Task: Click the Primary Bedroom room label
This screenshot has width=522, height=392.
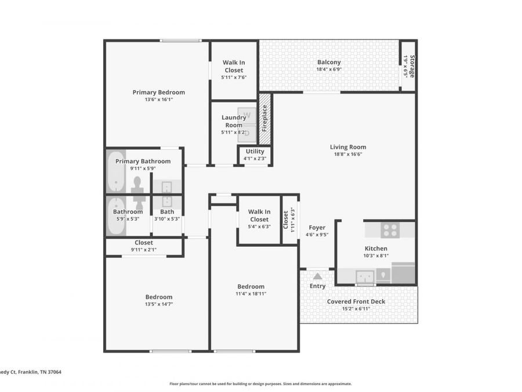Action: click(x=158, y=92)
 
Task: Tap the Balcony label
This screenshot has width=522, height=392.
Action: click(x=329, y=62)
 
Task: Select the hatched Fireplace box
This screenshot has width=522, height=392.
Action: click(x=264, y=119)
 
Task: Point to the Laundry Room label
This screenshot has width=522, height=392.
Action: click(x=233, y=121)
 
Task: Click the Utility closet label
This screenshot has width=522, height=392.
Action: click(x=255, y=151)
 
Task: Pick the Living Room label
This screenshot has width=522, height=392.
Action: click(x=348, y=147)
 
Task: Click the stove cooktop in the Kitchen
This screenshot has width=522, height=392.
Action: click(x=389, y=230)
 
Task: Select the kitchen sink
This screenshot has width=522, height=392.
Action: click(x=364, y=276)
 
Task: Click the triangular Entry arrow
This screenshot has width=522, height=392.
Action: click(x=317, y=276)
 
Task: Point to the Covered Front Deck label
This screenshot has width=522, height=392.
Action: click(x=356, y=301)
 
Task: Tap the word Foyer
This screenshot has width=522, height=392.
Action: click(x=317, y=228)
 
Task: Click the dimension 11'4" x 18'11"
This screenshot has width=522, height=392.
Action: click(x=251, y=294)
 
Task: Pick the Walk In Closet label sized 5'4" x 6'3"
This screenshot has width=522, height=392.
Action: click(x=259, y=215)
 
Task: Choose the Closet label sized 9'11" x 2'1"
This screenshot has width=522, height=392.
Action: click(x=144, y=243)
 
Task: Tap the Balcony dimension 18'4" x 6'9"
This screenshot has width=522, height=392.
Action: click(x=329, y=69)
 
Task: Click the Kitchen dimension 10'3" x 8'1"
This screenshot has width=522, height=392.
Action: click(x=376, y=256)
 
